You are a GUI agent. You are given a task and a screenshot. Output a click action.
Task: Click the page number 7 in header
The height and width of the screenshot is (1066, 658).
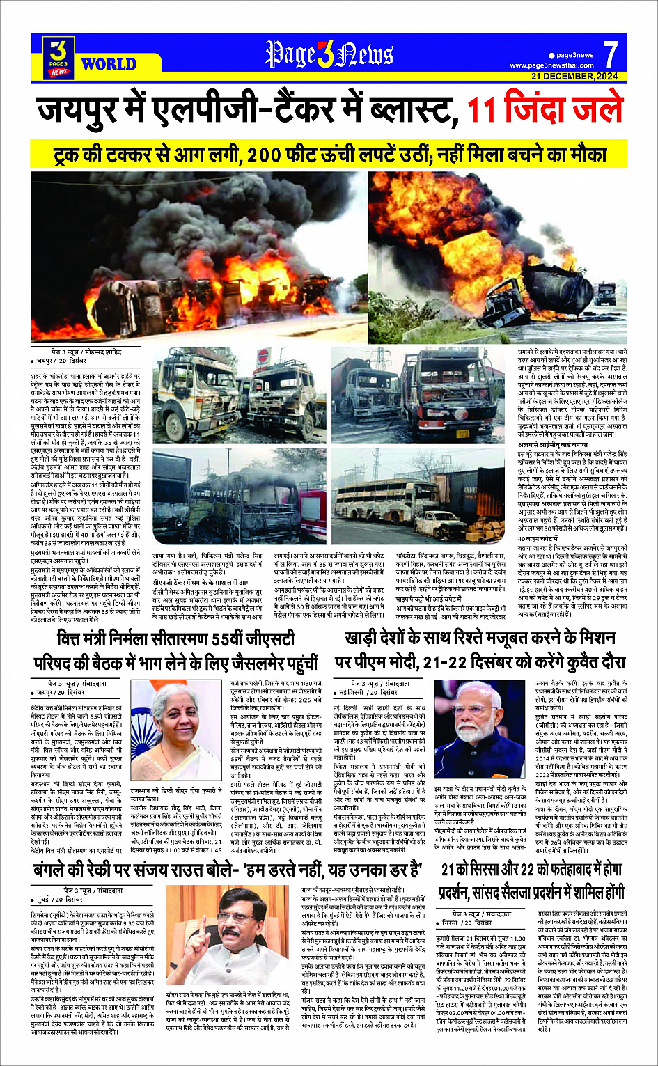pyautogui.click(x=610, y=54)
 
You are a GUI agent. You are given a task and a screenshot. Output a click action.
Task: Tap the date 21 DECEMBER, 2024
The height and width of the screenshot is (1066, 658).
pyautogui.click(x=574, y=76)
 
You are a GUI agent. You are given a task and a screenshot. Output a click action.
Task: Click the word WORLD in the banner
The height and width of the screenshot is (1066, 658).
pyautogui.click(x=109, y=64)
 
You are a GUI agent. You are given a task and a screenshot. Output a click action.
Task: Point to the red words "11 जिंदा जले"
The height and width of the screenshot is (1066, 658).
pyautogui.click(x=544, y=111)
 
